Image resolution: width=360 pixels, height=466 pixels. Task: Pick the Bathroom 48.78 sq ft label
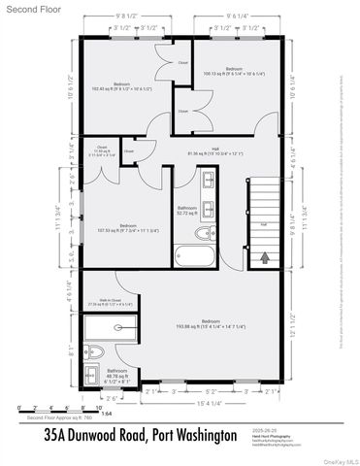click(x=116, y=374)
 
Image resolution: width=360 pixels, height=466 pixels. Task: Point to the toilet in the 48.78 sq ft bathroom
click(x=91, y=351)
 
